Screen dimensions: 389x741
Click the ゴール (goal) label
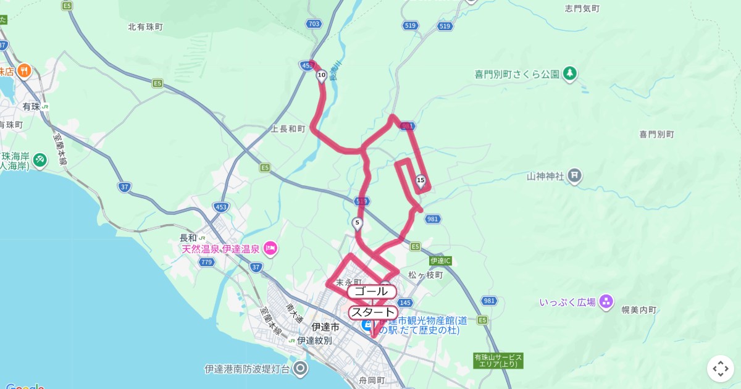372,291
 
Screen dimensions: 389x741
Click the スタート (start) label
373,312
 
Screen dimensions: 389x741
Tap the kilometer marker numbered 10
321,76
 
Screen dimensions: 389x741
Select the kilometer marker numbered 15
421,180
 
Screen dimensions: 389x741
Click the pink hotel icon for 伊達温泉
270,249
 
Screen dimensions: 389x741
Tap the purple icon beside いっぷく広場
606,302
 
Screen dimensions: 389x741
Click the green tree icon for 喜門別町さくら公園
569,73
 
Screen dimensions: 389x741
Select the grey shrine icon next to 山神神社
575,176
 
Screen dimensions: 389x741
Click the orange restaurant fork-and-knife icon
25,70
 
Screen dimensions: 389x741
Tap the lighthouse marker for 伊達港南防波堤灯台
301,369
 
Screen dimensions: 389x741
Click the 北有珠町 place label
145,27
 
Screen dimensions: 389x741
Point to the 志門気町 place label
582,9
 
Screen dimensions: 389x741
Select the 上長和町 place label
288,129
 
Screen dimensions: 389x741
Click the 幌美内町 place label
639,310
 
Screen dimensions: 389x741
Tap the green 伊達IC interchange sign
441,261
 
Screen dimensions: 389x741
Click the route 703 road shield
314,23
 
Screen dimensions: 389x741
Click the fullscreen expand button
720,369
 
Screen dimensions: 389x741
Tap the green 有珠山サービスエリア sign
498,361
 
